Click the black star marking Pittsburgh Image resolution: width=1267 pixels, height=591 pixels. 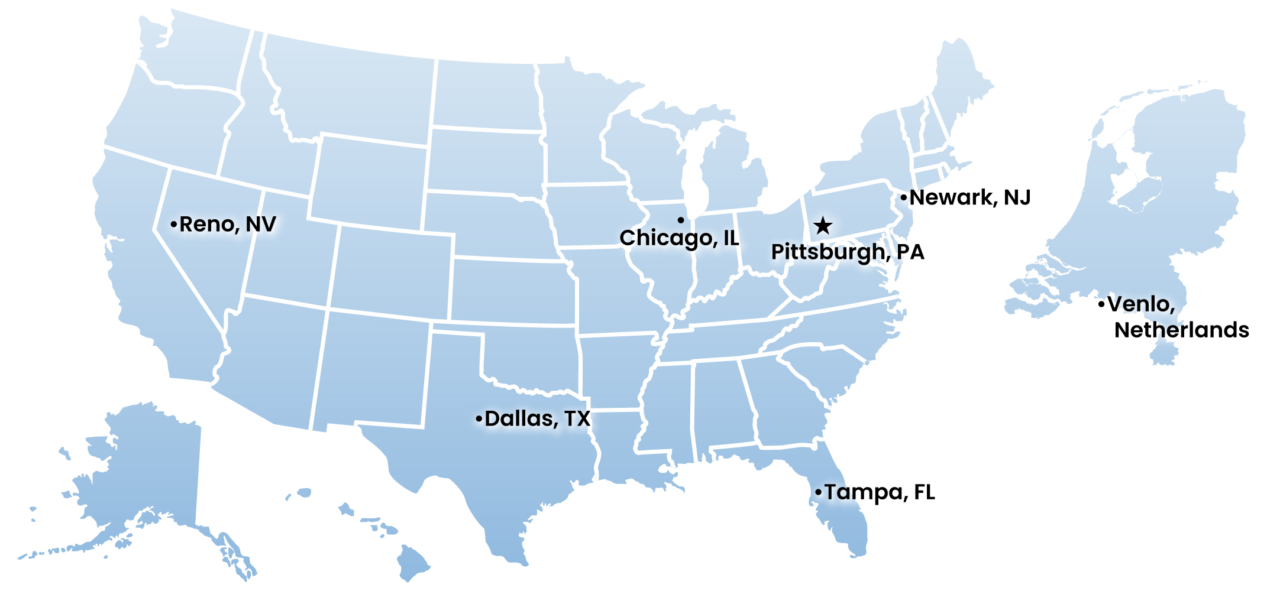(823, 225)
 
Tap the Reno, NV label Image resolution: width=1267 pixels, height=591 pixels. (228, 224)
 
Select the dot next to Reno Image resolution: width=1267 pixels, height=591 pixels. (173, 225)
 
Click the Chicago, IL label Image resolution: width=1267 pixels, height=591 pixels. (679, 238)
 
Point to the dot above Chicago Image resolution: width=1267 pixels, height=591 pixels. (681, 220)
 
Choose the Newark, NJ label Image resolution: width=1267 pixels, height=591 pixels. (970, 197)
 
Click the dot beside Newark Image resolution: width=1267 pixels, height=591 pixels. (903, 197)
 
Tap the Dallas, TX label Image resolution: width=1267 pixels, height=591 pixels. (537, 418)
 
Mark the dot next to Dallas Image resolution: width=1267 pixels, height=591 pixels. (479, 419)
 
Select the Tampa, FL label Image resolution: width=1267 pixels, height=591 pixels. (880, 492)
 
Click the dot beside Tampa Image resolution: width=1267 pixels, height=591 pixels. (818, 492)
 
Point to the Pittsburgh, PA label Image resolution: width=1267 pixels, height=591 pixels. (847, 252)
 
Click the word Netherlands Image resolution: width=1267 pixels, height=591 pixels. (1181, 330)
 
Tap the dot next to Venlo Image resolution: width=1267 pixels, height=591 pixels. (1101, 304)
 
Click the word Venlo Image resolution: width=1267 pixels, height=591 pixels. (1140, 304)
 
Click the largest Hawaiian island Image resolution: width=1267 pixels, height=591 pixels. (413, 561)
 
